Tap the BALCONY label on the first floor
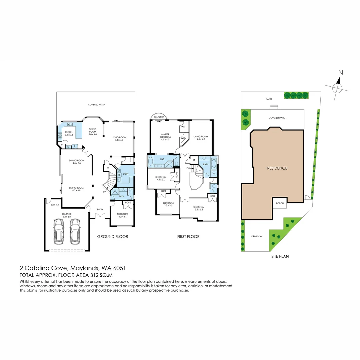[x=158, y=117]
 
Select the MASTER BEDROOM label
[x=165, y=136]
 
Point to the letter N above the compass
[x=340, y=72]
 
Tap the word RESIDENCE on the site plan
[x=277, y=168]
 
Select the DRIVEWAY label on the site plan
[x=257, y=236]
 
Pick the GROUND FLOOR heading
[x=112, y=237]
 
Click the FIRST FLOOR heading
[x=189, y=237]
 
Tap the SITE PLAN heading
[x=280, y=256]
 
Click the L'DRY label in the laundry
[x=126, y=174]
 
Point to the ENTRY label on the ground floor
[x=100, y=209]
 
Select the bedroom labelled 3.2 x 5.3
[x=199, y=208]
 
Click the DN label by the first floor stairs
[x=188, y=169]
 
